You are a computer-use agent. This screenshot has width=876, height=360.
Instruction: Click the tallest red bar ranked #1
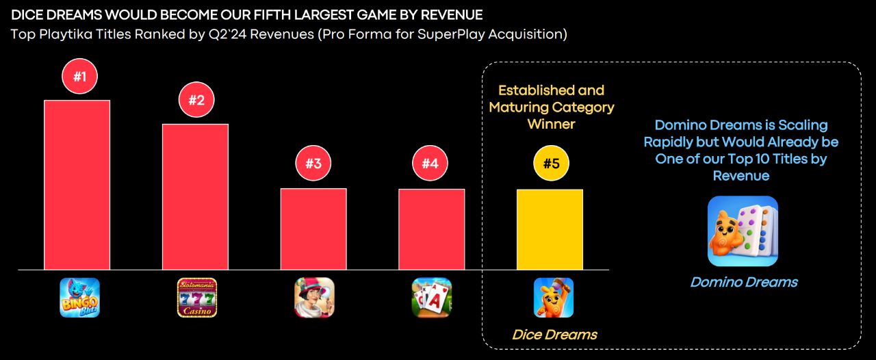77,185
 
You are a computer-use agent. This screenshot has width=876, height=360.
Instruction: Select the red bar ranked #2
195,197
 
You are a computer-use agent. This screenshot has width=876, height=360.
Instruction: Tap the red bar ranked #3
313,229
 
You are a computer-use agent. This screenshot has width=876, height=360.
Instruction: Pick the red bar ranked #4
431,229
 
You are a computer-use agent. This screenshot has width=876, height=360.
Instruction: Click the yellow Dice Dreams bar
550,229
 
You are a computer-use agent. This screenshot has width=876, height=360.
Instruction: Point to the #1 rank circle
80,76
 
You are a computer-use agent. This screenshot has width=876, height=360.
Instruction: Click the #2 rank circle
196,100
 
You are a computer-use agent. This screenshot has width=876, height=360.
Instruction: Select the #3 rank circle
313,164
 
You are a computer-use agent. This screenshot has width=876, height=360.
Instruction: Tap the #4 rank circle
430,164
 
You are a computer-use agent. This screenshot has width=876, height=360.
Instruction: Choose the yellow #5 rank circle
551,164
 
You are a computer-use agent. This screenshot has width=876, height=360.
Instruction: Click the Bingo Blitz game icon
79,297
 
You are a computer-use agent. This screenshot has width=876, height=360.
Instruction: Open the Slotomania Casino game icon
197,297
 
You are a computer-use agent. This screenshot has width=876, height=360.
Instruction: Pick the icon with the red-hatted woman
314,297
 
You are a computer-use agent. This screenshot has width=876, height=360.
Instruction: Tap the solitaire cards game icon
432,297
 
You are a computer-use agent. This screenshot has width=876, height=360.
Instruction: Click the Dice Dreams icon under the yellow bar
553,297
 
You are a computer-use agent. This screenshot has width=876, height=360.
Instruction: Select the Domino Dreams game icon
743,231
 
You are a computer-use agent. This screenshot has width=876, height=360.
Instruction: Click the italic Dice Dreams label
554,335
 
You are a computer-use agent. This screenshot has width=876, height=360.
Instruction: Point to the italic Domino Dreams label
743,282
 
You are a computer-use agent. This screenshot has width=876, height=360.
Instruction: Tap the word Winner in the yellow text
551,124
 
